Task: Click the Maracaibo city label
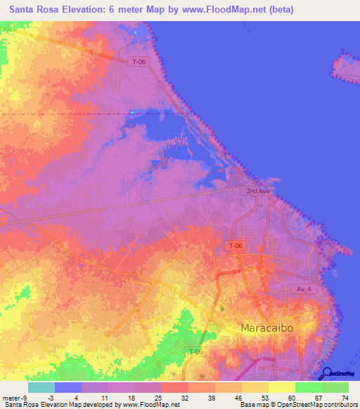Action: pos(266,328)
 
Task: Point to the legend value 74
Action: pos(345,397)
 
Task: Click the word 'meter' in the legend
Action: pos(11,397)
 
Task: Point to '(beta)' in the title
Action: pos(278,10)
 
